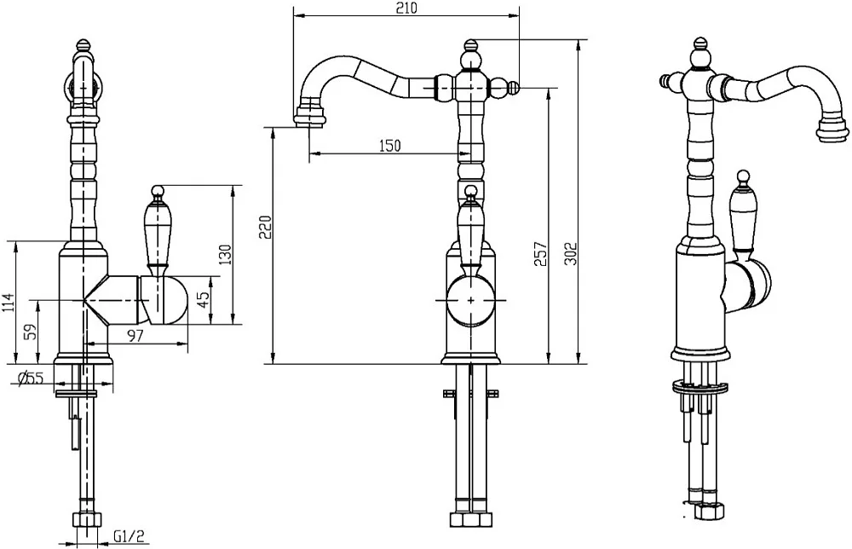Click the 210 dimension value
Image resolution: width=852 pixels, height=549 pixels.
(406, 9)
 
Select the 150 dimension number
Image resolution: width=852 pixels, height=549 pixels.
(389, 146)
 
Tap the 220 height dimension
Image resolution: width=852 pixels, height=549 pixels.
(266, 228)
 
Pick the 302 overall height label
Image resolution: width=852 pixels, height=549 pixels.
(570, 253)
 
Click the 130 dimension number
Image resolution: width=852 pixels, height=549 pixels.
(225, 255)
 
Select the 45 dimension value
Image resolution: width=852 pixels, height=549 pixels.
(202, 300)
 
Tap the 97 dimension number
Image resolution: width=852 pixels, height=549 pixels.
(135, 336)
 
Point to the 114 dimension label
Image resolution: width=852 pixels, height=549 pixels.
(9, 303)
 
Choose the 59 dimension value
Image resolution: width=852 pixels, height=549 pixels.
(32, 332)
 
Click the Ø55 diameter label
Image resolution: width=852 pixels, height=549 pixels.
(30, 378)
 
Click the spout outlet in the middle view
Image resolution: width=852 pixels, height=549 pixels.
(310, 116)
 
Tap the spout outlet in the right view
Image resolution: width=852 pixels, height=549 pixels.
(832, 126)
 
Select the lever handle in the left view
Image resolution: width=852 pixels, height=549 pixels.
(158, 228)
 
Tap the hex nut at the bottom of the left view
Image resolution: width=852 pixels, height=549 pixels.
(87, 520)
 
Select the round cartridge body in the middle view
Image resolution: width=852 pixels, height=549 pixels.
(470, 300)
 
